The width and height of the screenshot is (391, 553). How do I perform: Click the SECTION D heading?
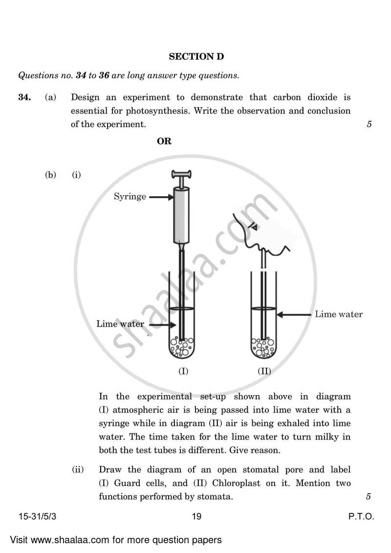pyautogui.click(x=196, y=57)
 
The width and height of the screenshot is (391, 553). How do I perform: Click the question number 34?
pyautogui.click(x=24, y=97)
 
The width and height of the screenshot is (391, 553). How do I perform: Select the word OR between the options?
pyautogui.click(x=164, y=142)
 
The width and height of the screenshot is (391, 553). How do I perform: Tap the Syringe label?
pyautogui.click(x=130, y=197)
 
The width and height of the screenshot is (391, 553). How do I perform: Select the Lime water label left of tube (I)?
pyautogui.click(x=120, y=324)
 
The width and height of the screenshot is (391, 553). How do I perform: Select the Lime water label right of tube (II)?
pyautogui.click(x=339, y=314)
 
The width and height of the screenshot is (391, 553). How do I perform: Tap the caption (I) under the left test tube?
pyautogui.click(x=183, y=371)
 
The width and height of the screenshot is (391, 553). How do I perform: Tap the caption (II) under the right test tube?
pyautogui.click(x=264, y=371)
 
